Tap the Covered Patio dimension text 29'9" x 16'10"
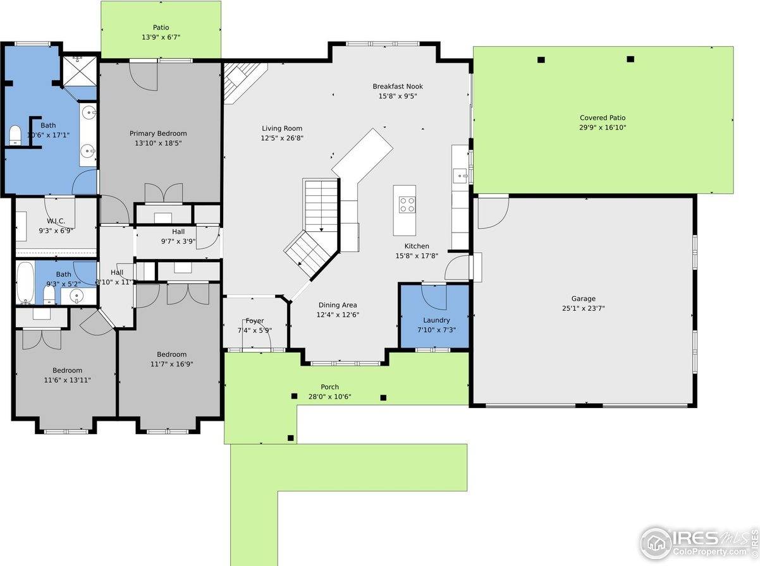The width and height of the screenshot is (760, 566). click(x=603, y=128)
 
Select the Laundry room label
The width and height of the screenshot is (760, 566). click(x=436, y=320)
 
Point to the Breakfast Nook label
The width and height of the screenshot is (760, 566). click(x=398, y=87)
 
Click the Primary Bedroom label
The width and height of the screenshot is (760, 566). click(x=158, y=133)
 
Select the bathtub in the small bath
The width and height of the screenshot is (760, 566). click(x=25, y=284)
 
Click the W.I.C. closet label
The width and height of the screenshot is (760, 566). click(x=56, y=221)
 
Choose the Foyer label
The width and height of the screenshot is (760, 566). click(x=255, y=321)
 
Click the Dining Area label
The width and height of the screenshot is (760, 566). click(x=338, y=305)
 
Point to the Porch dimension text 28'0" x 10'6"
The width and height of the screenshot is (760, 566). click(x=329, y=397)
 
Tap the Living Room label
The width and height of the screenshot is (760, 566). click(x=282, y=128)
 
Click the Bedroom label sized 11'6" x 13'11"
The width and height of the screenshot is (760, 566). click(x=67, y=370)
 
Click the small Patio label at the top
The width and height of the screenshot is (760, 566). click(x=161, y=28)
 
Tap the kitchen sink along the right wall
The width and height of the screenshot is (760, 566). click(x=460, y=174)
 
